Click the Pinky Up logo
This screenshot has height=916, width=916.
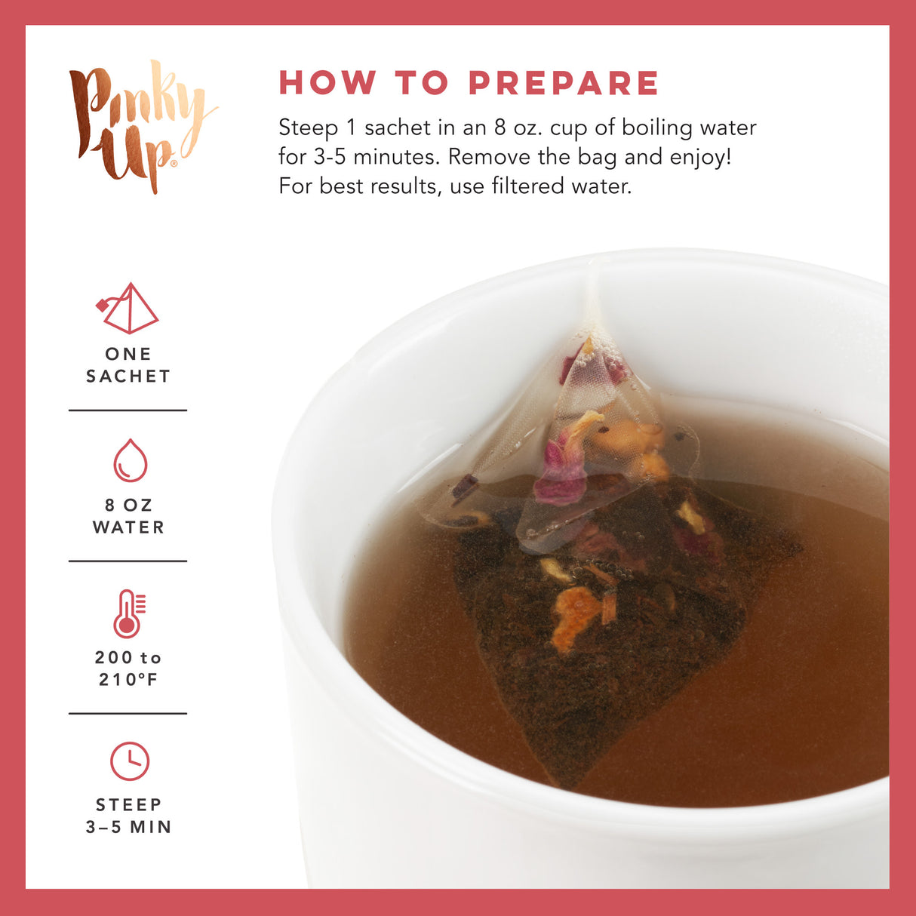(140, 124)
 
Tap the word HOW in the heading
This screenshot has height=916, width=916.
(327, 83)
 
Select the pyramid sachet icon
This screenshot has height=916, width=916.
(128, 309)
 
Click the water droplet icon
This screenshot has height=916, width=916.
(130, 460)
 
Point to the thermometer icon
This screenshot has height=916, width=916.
(128, 613)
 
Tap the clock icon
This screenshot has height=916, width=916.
(130, 761)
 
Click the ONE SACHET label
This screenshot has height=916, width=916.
(128, 365)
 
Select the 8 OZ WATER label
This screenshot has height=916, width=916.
(128, 516)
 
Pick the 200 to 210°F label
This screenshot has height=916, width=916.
(128, 669)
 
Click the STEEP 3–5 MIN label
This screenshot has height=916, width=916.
(128, 816)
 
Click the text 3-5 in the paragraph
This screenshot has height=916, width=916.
(330, 157)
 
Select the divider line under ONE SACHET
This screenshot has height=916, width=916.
(128, 410)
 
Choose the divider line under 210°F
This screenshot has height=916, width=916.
(128, 713)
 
